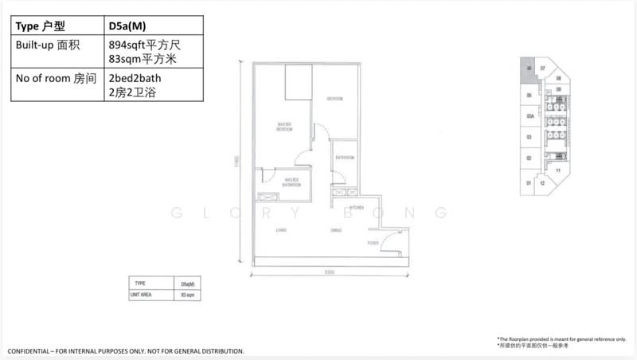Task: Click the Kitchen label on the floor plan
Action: (357, 207)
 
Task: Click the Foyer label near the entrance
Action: (373, 242)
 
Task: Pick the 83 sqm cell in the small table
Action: (188, 295)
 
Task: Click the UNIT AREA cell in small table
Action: (142, 295)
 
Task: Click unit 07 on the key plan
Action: (543, 69)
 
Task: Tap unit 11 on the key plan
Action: (559, 170)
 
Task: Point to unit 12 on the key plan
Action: (542, 183)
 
